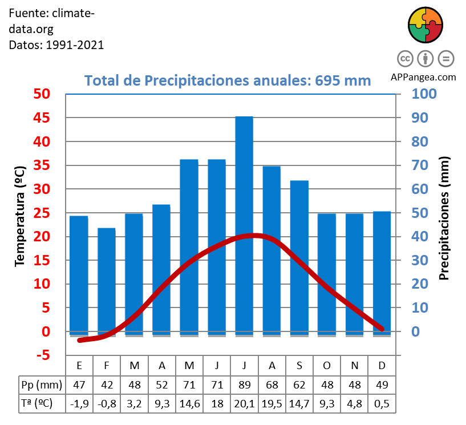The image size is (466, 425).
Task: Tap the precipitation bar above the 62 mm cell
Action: (299, 257)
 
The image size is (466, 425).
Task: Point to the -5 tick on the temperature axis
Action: (41, 355)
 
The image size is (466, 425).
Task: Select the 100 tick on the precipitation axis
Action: (424, 94)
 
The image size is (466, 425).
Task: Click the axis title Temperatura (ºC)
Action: (20, 216)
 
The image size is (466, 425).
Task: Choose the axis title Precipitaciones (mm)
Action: (444, 218)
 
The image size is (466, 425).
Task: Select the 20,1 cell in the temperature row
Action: (244, 404)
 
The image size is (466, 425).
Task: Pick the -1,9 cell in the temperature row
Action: (79, 404)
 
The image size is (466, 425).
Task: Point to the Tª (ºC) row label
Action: (37, 404)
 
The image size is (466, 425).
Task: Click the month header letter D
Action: (382, 365)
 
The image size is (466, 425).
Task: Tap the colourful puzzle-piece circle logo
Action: (426, 26)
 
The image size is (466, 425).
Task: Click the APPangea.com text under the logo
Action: (423, 77)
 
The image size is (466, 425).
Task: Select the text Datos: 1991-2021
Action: (56, 44)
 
